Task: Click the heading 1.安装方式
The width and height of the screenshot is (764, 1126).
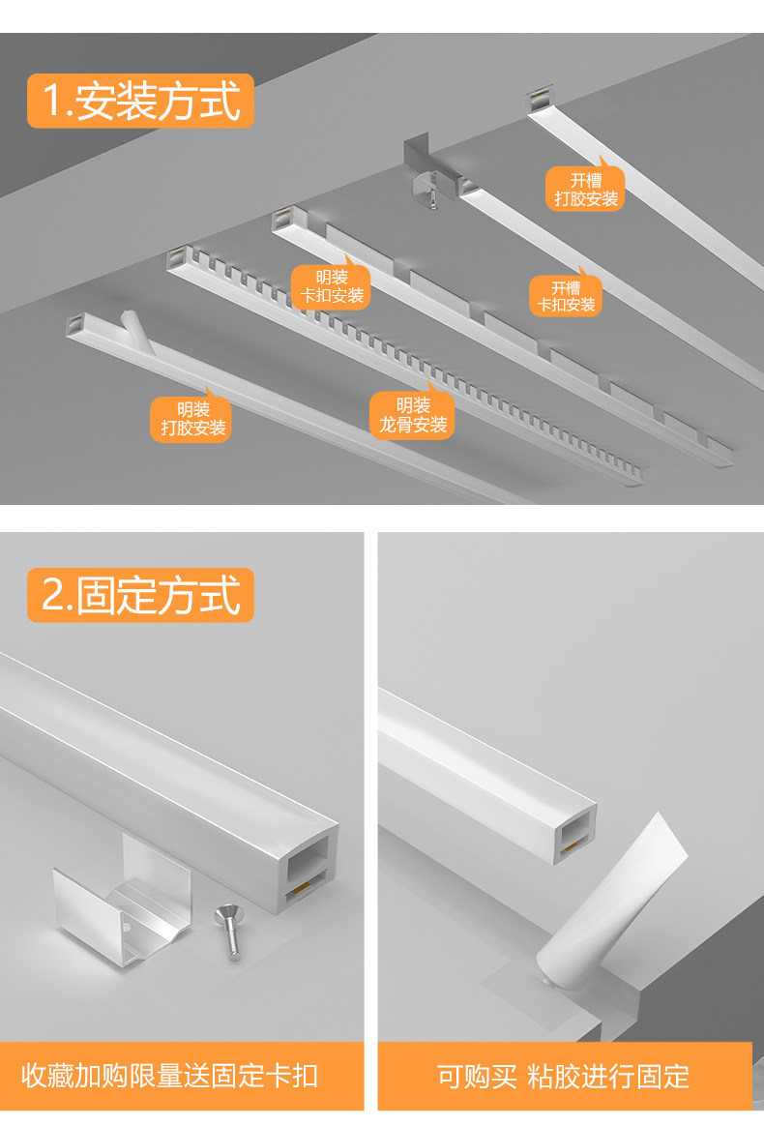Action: pos(141,102)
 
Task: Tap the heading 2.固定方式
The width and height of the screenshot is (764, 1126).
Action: pos(141,595)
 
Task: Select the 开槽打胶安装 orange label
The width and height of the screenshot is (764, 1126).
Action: pos(585,189)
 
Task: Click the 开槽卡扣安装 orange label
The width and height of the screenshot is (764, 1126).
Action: pos(567,296)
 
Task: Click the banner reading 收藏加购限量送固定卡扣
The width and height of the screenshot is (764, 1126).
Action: pos(183,1076)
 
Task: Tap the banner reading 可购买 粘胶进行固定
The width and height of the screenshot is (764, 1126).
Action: pos(564,1076)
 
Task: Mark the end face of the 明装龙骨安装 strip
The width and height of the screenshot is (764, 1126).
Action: pos(176,259)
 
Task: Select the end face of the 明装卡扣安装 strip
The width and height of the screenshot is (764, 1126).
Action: pos(281,219)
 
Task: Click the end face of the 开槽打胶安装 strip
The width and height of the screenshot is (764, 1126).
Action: pos(538,103)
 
